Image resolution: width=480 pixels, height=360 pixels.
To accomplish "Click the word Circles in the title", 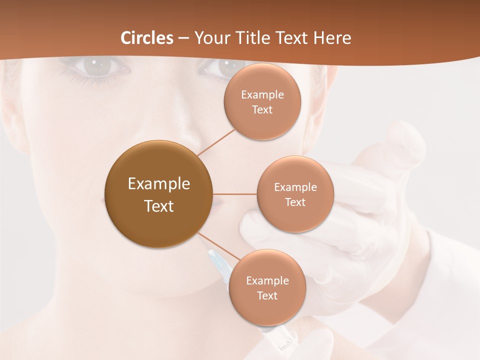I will click(x=146, y=38).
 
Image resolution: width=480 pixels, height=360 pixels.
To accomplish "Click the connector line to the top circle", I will click(x=216, y=142).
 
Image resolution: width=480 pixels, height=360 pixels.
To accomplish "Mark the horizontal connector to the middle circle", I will click(x=234, y=194).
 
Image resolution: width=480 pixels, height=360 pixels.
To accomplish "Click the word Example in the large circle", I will click(x=159, y=184).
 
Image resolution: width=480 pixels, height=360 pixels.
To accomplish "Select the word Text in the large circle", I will click(x=159, y=206).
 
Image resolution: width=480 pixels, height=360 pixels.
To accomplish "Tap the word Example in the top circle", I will click(x=262, y=95).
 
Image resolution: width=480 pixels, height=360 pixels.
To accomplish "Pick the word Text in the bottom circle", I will click(x=267, y=295).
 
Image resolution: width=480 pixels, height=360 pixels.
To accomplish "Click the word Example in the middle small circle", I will click(x=295, y=187).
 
